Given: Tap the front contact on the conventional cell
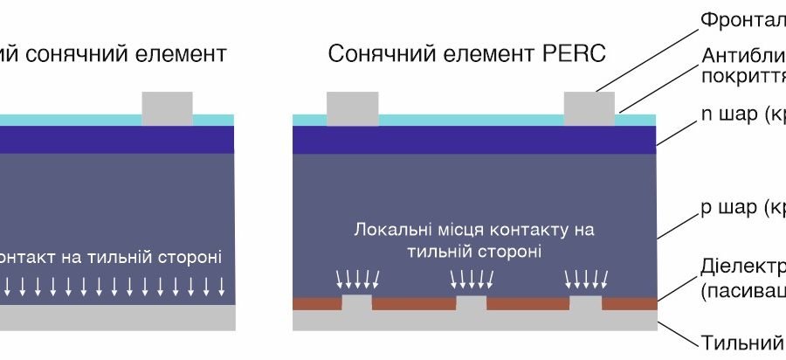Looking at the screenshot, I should point(167,107).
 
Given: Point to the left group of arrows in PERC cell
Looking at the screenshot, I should point(359,279).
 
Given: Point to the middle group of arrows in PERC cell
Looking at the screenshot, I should point(472,279).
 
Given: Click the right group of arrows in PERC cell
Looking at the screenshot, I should point(584,279).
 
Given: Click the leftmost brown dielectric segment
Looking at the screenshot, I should point(316,303).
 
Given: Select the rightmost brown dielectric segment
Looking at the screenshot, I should point(629,303).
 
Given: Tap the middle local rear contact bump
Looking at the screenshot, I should point(472,303).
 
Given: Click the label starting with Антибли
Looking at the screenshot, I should point(742,57).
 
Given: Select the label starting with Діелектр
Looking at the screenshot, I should point(742,265).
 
